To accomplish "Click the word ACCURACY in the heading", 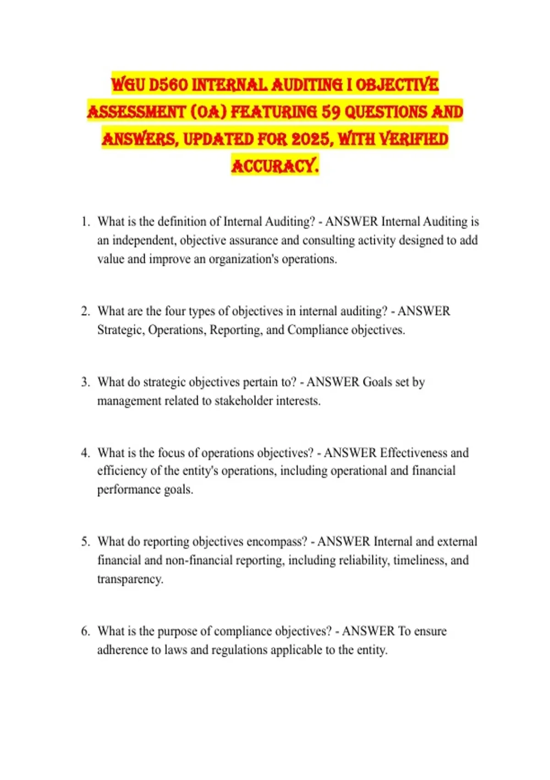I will point(275,166).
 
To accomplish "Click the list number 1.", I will point(85,222).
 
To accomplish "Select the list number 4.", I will point(85,453).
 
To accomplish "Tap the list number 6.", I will point(85,631).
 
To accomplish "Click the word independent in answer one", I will point(144,240).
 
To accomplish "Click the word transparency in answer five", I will point(130,579).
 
